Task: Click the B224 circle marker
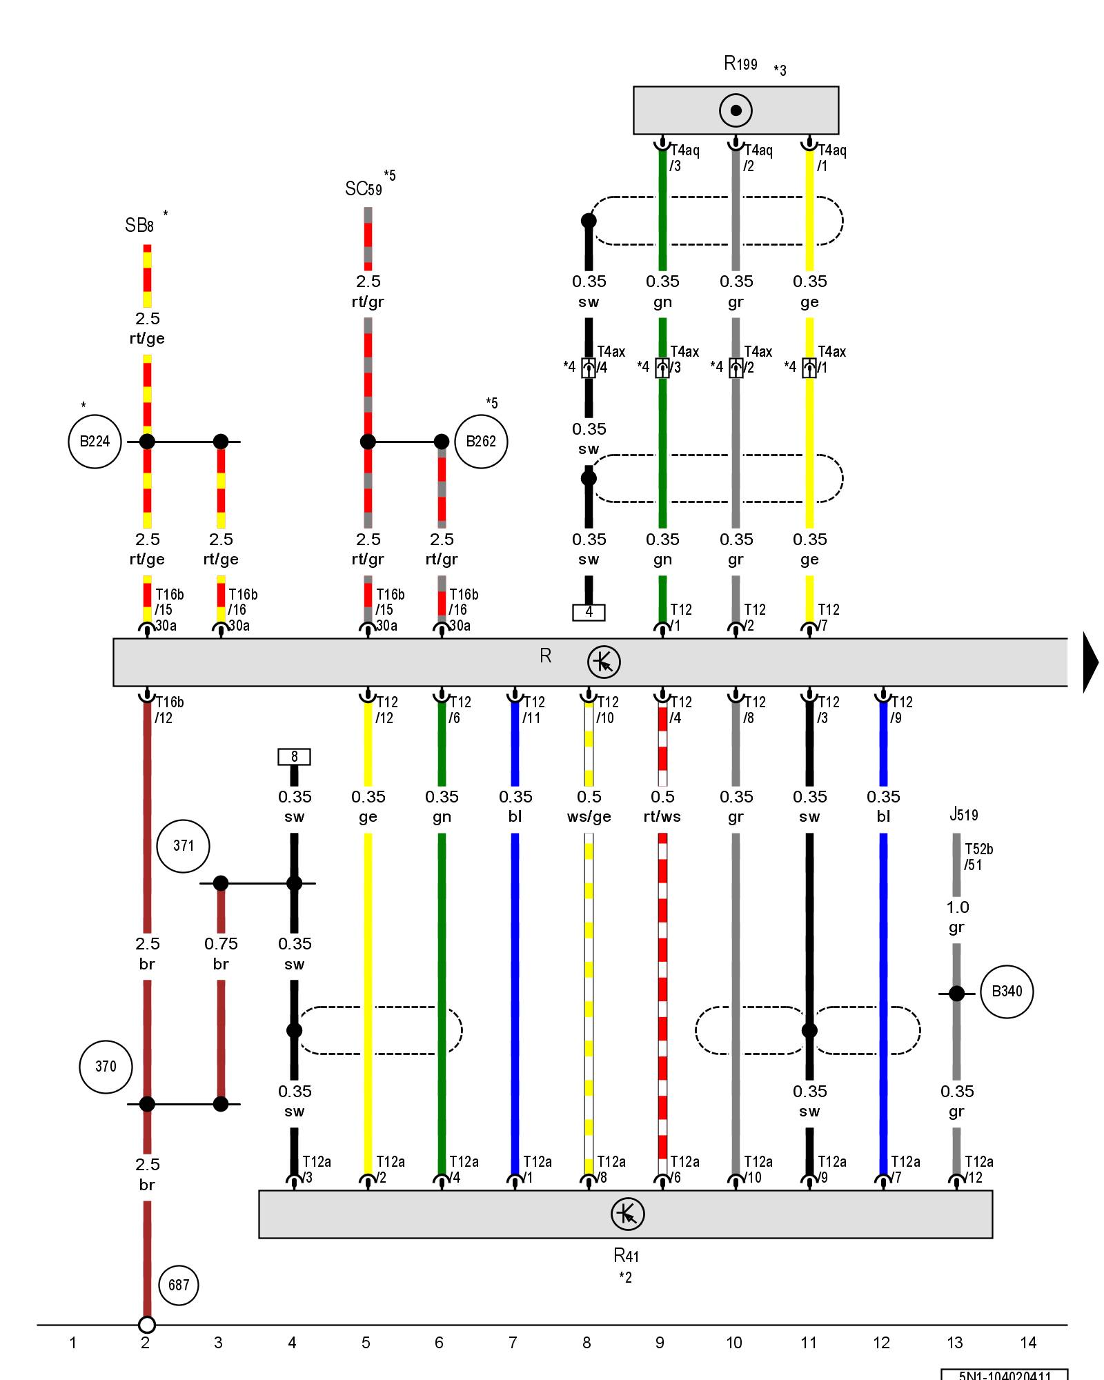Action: tap(95, 442)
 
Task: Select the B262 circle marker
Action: tap(481, 442)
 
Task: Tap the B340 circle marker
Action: tap(1007, 992)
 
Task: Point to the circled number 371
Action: tap(183, 846)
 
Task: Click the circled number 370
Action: tap(106, 1067)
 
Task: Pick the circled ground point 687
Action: tap(179, 1285)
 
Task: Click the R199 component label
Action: tap(740, 64)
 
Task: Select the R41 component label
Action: tap(627, 1255)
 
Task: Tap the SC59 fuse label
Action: tap(364, 188)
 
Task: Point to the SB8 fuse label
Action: tap(139, 226)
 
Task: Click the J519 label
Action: tap(963, 815)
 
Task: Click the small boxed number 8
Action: tap(294, 757)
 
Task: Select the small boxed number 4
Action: tap(589, 612)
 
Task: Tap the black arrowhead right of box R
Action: tap(1090, 662)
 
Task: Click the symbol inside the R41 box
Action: tap(627, 1214)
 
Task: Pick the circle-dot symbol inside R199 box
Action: tap(736, 110)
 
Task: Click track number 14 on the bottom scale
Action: tap(1028, 1343)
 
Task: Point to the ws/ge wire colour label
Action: tap(589, 817)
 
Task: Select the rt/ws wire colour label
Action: tap(662, 817)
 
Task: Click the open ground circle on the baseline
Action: tap(147, 1325)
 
